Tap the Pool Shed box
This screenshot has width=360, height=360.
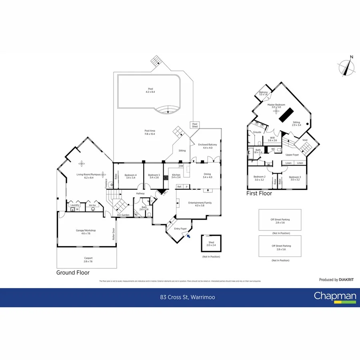pyautogui.click(x=195, y=125)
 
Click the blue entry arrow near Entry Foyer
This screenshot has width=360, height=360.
pyautogui.click(x=189, y=236)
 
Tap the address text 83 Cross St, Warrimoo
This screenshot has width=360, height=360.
pyautogui.click(x=180, y=297)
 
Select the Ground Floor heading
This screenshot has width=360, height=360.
pyautogui.click(x=73, y=272)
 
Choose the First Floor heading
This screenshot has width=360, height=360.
pyautogui.click(x=259, y=193)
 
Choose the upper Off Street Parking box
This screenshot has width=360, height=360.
pyautogui.click(x=280, y=220)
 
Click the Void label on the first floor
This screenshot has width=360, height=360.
pyautogui.click(x=305, y=140)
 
